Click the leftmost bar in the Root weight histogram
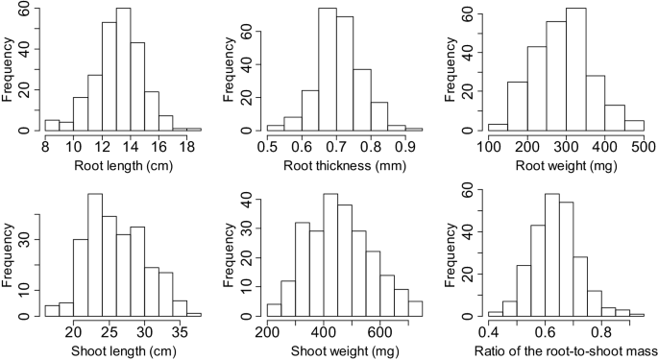pos(498,127)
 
